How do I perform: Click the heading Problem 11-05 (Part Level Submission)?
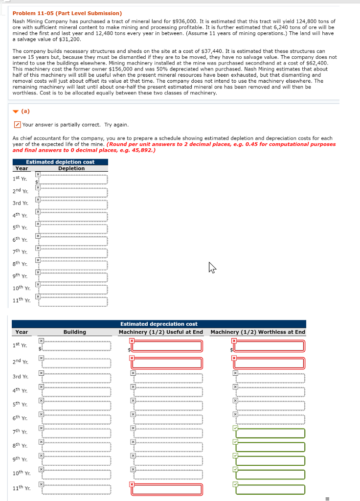(x=67, y=13)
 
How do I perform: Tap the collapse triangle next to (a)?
(x=16, y=111)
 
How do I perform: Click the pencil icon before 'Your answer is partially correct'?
(x=17, y=125)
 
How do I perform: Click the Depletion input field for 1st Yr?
(x=73, y=180)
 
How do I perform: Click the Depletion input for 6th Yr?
(x=73, y=241)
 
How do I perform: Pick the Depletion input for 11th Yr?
(x=73, y=301)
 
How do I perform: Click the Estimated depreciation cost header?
(x=159, y=324)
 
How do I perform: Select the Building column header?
(x=74, y=332)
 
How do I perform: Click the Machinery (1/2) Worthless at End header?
(x=258, y=332)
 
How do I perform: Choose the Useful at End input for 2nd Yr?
(x=168, y=364)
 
